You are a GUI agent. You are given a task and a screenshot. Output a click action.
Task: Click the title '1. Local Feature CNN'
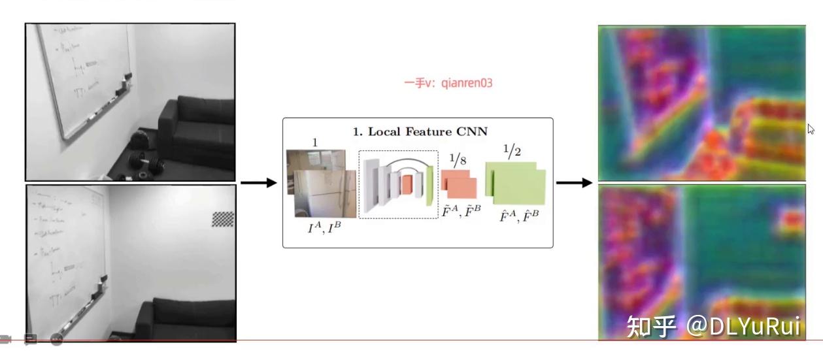pyautogui.click(x=420, y=132)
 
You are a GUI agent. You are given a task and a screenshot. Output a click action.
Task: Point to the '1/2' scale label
pyautogui.click(x=514, y=151)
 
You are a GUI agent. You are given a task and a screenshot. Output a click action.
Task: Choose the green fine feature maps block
pyautogui.click(x=516, y=182)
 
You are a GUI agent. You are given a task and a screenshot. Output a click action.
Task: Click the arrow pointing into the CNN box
pyautogui.click(x=259, y=182)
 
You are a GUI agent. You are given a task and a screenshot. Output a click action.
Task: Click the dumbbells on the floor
pyautogui.click(x=141, y=154)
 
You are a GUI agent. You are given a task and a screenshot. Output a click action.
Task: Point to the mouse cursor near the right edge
pyautogui.click(x=811, y=129)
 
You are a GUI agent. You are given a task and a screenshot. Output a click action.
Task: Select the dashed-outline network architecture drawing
pyautogui.click(x=398, y=184)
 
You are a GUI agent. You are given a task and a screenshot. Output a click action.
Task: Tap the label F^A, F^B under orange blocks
pyautogui.click(x=460, y=210)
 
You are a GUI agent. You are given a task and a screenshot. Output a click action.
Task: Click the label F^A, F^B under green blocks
pyautogui.click(x=515, y=215)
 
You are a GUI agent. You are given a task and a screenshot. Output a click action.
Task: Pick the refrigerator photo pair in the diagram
pyautogui.click(x=321, y=184)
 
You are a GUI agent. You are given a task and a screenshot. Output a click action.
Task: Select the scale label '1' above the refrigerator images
pyautogui.click(x=314, y=142)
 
